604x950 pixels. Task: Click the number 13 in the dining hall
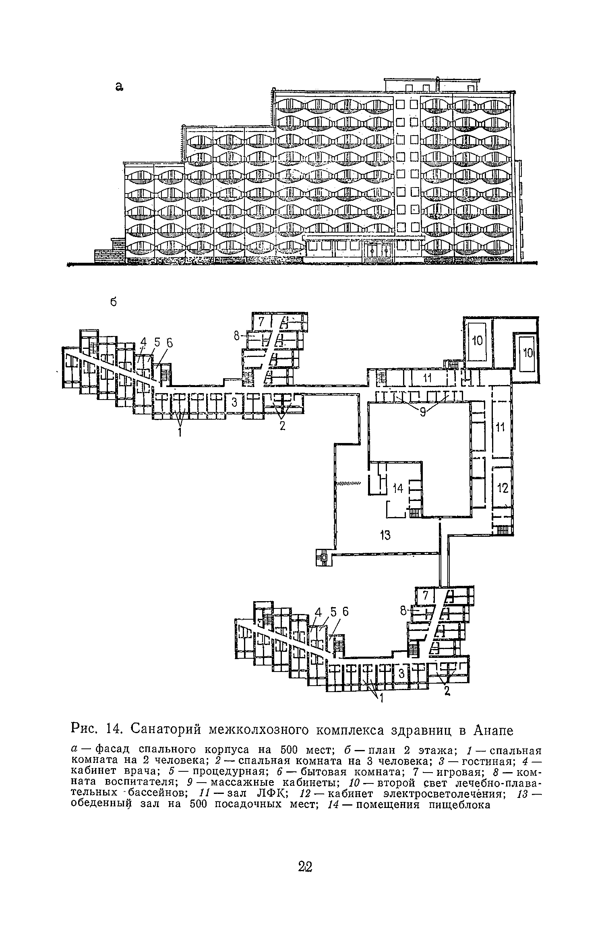pyautogui.click(x=385, y=536)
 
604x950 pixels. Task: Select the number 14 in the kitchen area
pyautogui.click(x=398, y=488)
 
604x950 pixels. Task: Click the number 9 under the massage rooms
pyautogui.click(x=422, y=413)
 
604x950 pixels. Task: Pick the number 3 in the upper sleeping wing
pyautogui.click(x=234, y=402)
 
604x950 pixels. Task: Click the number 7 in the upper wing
pyautogui.click(x=261, y=321)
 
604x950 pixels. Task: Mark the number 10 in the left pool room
pyautogui.click(x=477, y=341)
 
